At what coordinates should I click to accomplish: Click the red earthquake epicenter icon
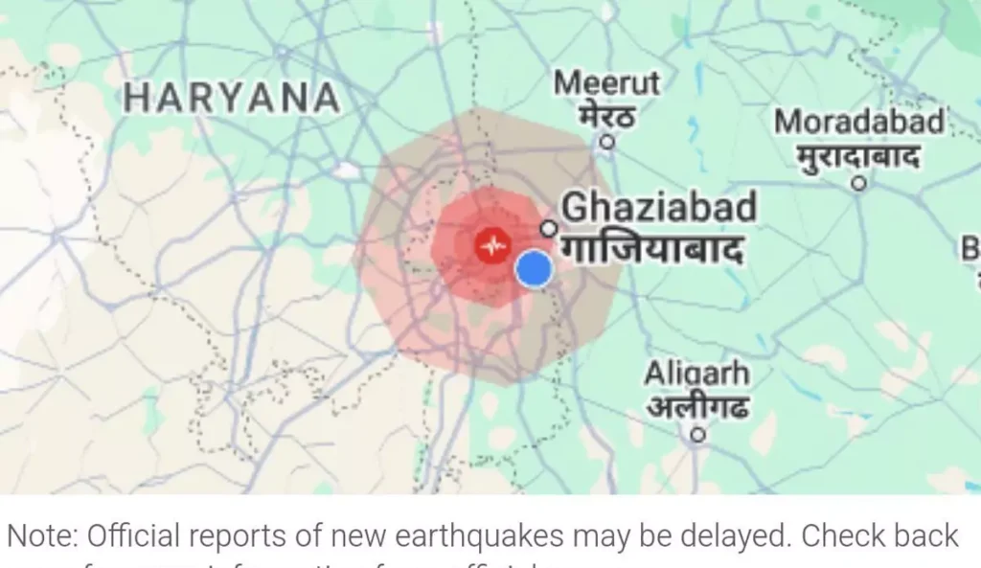(x=493, y=246)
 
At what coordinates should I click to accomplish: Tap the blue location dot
(x=534, y=269)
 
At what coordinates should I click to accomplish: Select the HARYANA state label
(x=233, y=98)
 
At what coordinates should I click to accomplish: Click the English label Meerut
(x=606, y=83)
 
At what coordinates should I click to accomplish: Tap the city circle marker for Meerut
(x=606, y=142)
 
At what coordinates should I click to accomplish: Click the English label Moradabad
(x=859, y=122)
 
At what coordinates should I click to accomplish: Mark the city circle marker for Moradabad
(x=859, y=181)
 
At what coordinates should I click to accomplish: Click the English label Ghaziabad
(x=658, y=207)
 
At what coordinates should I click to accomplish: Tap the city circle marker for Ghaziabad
(x=549, y=228)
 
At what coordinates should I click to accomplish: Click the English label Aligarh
(x=696, y=373)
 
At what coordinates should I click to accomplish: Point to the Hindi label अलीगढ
(x=696, y=407)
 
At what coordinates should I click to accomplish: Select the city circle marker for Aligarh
(x=698, y=435)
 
